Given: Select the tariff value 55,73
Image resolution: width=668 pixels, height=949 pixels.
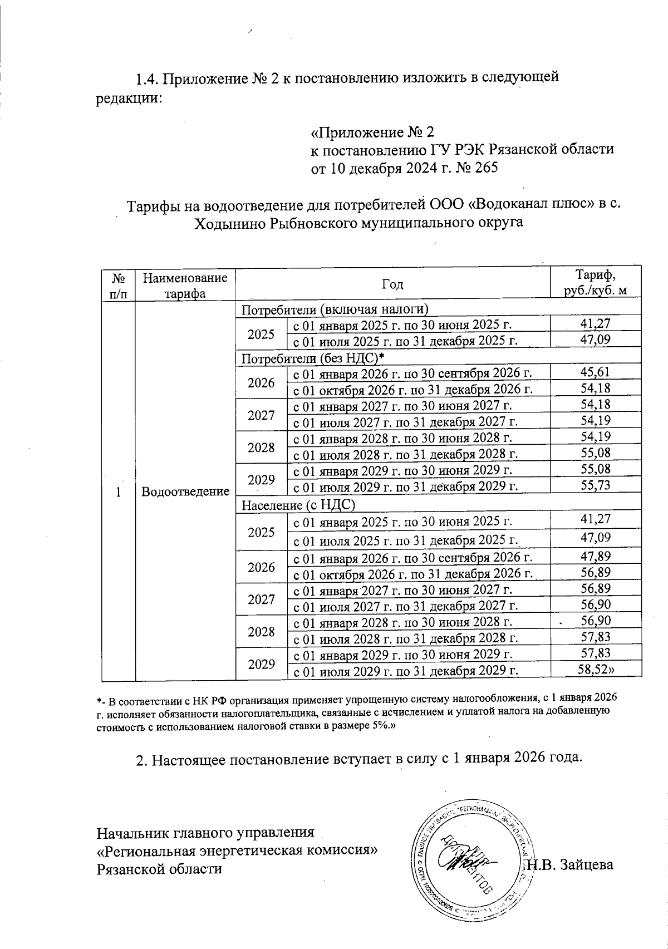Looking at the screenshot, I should (x=596, y=485).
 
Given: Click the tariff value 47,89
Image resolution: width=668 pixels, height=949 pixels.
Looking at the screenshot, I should (x=596, y=556).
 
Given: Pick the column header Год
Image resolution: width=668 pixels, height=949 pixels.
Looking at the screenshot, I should (x=392, y=284).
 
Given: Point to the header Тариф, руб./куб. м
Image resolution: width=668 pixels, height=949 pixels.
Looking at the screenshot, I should (x=596, y=282).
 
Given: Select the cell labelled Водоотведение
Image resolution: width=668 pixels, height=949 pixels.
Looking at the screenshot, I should (x=185, y=491).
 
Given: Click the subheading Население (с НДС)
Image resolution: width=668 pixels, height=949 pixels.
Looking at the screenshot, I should (x=298, y=505).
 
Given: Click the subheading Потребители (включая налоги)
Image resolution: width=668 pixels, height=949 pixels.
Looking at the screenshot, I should (x=334, y=309).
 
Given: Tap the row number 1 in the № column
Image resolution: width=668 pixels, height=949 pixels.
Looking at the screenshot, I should (x=118, y=491).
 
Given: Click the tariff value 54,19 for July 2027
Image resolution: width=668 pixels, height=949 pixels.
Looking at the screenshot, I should (x=596, y=421).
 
